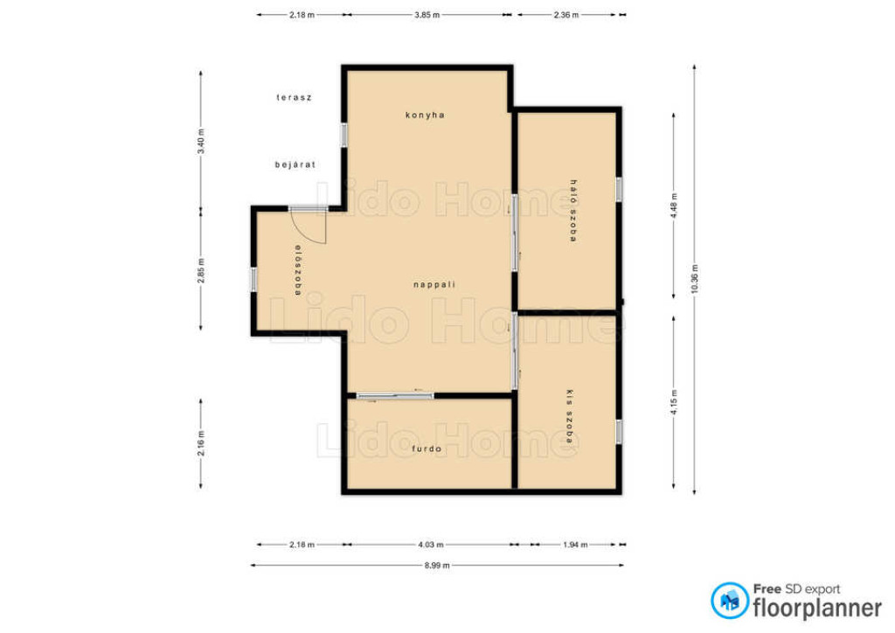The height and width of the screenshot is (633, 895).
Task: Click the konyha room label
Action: coord(425,115)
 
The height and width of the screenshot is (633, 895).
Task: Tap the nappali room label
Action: coord(434,284)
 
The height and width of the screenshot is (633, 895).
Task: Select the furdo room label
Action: coord(427,449)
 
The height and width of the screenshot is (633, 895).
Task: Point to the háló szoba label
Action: coord(573,211)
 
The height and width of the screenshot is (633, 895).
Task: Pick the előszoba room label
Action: coord(297,270)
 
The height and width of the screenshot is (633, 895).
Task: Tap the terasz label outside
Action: coord(294,98)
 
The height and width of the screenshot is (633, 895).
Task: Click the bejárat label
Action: coord(295,164)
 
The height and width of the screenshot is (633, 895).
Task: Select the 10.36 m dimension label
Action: coord(694,279)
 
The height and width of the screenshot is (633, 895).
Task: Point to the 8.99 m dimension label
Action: coord(437,566)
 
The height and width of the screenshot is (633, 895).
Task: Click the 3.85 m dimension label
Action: coord(427,15)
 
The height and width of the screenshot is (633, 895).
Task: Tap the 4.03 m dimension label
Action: coord(430,545)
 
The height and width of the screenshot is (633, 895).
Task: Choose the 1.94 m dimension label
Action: coord(575,545)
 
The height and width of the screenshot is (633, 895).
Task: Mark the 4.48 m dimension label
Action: coord(674,205)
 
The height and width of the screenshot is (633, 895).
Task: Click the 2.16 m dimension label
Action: coord(201,443)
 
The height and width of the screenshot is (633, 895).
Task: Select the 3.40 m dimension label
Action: coord(201,141)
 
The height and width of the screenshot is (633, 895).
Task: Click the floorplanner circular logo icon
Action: coord(730,601)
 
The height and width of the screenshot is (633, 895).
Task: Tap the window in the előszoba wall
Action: coord(253,280)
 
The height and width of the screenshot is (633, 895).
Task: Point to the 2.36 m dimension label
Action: coord(565,15)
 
